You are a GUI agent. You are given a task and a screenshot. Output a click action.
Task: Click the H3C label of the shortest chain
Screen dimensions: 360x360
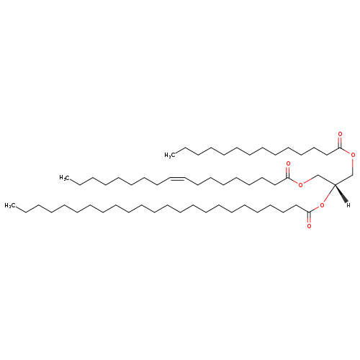pyautogui.click(x=170, y=156)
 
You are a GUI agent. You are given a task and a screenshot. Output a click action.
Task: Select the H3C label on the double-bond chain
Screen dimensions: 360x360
pyautogui.click(x=65, y=178)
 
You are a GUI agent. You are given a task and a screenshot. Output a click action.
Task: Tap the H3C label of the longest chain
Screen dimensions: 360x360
pyautogui.click(x=10, y=205)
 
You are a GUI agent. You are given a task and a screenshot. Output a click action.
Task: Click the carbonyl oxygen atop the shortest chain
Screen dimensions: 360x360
pyautogui.click(x=340, y=134)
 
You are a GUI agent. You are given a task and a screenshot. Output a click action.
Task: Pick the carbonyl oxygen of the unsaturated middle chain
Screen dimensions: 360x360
pyautogui.click(x=288, y=164)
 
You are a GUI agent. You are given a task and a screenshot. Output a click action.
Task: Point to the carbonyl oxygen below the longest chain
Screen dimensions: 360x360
pyautogui.click(x=309, y=226)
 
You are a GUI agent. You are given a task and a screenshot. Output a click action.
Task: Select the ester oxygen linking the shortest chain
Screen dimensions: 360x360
pyautogui.click(x=353, y=155)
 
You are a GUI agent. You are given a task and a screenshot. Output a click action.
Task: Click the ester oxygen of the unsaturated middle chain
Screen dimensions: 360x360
pyautogui.click(x=300, y=185)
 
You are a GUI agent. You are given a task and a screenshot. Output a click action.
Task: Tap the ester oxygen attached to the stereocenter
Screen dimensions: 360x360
pyautogui.click(x=322, y=205)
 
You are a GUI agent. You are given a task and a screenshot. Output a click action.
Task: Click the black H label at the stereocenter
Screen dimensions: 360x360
pyautogui.click(x=348, y=205)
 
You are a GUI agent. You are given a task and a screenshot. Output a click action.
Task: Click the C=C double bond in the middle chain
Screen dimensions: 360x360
pyautogui.click(x=178, y=179)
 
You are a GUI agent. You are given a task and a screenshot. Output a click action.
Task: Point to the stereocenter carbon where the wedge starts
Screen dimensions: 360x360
pyautogui.click(x=336, y=184)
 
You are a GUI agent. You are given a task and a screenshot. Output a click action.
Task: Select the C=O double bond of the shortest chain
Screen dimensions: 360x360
pyautogui.click(x=340, y=142)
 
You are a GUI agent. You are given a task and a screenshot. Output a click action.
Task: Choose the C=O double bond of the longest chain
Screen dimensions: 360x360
pyautogui.click(x=309, y=217)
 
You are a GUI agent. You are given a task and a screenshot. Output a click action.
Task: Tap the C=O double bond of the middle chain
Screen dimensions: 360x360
pyautogui.click(x=288, y=172)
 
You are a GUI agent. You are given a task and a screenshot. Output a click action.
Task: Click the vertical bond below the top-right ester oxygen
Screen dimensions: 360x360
pyautogui.click(x=353, y=166)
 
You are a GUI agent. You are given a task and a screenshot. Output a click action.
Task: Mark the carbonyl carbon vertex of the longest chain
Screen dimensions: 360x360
pyautogui.click(x=309, y=212)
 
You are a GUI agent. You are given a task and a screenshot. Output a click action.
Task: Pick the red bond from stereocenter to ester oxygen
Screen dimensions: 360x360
pyautogui.click(x=329, y=194)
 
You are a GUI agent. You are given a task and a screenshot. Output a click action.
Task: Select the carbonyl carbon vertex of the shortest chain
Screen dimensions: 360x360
pyautogui.click(x=340, y=148)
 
